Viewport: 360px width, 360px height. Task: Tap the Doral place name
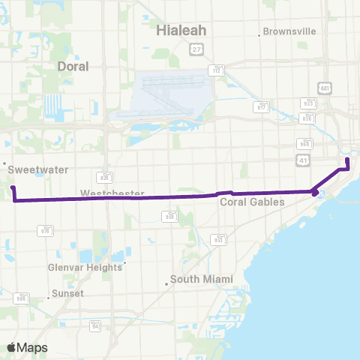pos(73,66)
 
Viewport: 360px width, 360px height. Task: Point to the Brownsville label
pos(289,31)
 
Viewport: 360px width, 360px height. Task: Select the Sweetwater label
pos(28,170)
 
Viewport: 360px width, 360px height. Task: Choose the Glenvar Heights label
pos(84,268)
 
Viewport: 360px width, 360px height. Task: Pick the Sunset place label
pos(67,293)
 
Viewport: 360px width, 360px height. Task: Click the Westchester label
pos(112,193)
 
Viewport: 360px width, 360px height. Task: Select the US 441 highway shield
pos(323,87)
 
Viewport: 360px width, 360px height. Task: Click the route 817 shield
pos(262,107)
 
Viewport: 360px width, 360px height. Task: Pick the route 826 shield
pos(106,178)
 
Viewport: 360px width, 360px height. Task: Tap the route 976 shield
pos(47,231)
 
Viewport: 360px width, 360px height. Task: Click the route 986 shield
pos(21,298)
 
